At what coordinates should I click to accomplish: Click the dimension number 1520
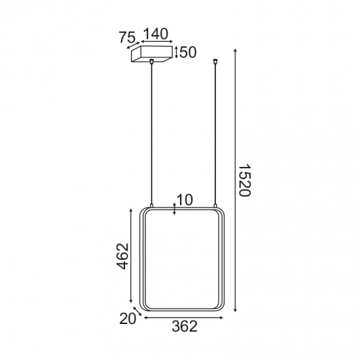(244, 183)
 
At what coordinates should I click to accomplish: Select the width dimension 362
(184, 327)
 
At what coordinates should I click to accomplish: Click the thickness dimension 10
(185, 200)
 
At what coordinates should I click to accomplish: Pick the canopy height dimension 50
(188, 52)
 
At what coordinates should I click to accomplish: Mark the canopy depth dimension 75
(128, 38)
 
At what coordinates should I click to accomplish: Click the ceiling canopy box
(152, 54)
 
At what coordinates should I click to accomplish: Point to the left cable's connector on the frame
(152, 206)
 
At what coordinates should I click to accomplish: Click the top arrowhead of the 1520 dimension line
(235, 50)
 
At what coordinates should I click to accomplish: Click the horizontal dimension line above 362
(184, 318)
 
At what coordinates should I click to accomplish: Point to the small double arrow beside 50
(176, 52)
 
